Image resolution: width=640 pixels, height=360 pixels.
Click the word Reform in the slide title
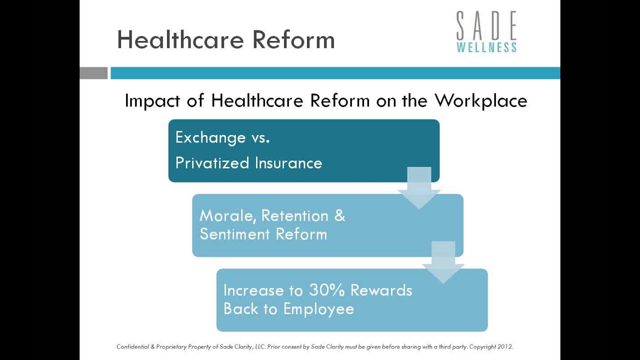click(x=293, y=39)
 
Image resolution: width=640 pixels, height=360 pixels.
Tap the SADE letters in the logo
click(x=486, y=26)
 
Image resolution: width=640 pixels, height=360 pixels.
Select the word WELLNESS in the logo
click(x=486, y=47)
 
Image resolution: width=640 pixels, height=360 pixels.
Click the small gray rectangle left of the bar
click(x=93, y=73)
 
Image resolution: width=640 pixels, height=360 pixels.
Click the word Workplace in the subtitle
click(x=480, y=101)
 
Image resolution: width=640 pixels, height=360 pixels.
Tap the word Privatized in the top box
click(x=212, y=163)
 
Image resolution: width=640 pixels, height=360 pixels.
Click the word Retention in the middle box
click(x=294, y=216)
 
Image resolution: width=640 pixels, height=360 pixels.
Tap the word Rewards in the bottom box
click(x=381, y=290)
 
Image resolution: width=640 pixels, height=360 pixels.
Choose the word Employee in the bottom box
click(x=318, y=309)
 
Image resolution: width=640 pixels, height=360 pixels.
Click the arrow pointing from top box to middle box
click(x=419, y=188)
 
